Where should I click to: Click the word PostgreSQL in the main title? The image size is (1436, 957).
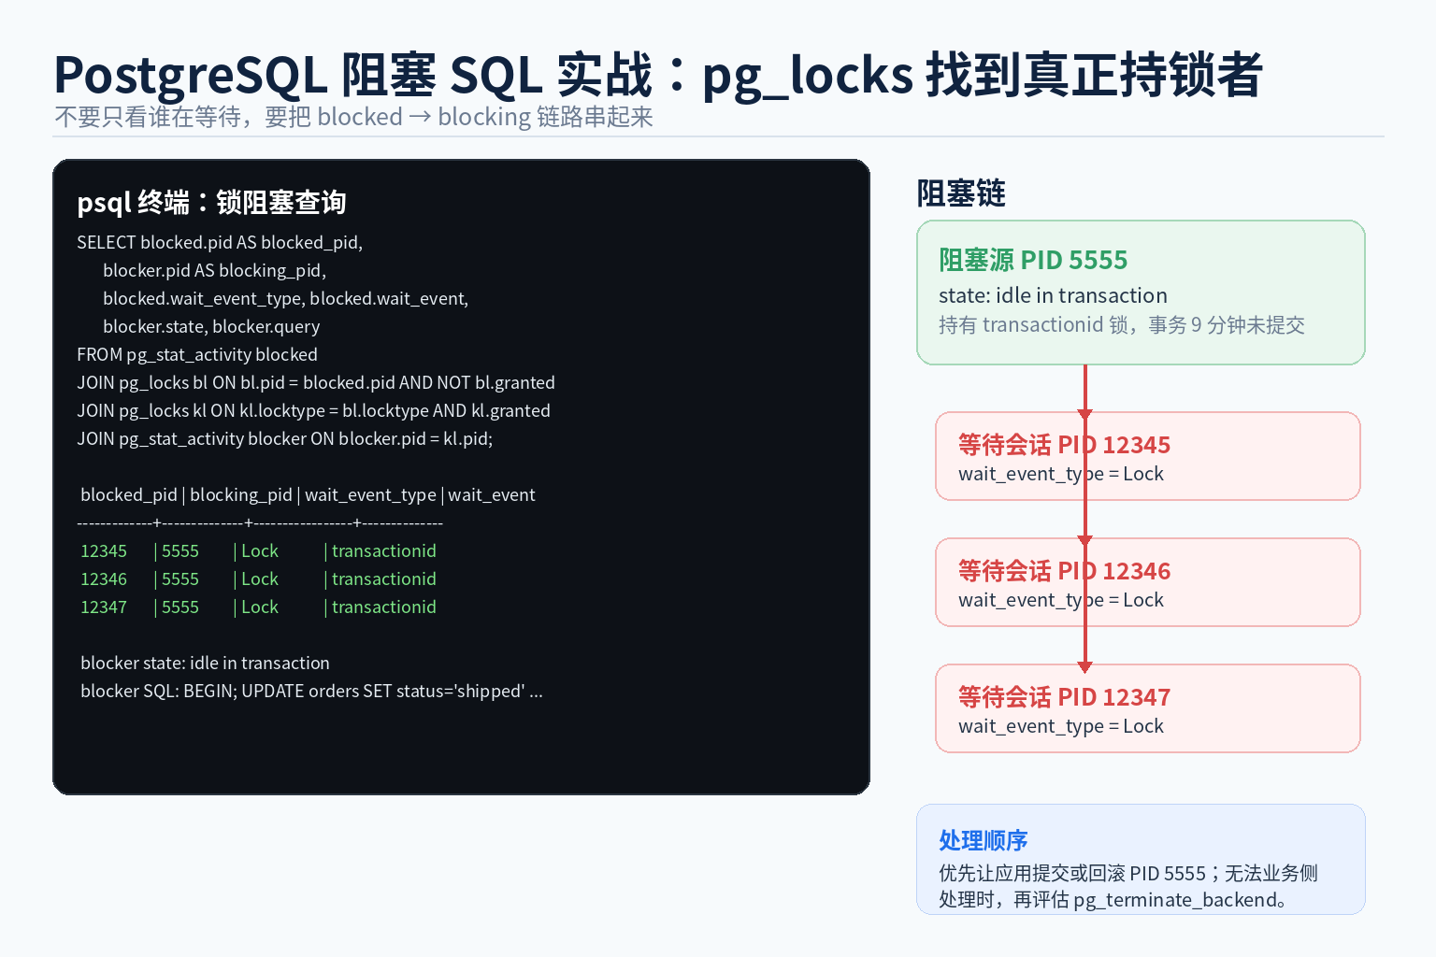191,77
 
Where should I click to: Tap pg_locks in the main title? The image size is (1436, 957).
808,77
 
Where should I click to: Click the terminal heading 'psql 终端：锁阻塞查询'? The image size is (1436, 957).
211,203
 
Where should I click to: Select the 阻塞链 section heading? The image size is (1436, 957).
961,193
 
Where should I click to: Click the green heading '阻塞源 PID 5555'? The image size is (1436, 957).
1033,260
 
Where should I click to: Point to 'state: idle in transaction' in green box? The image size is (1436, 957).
1053,295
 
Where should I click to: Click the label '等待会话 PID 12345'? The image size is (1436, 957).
1064,445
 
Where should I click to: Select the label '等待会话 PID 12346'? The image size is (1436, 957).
1064,571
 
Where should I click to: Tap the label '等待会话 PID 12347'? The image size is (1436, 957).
1064,697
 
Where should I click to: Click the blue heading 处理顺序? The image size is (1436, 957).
983,840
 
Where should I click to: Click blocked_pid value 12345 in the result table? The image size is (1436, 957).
104,551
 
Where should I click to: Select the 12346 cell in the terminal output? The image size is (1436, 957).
104,579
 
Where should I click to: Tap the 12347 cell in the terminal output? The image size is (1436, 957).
104,607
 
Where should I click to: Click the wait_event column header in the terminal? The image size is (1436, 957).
491,495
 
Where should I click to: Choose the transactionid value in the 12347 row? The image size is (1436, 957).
384,607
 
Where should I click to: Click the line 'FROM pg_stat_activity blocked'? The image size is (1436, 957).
197,355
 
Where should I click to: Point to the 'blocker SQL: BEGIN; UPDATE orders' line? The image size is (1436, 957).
311,692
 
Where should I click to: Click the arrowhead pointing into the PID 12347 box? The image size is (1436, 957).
1084,667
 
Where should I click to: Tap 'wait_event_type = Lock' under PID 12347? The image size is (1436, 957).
1060,727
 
